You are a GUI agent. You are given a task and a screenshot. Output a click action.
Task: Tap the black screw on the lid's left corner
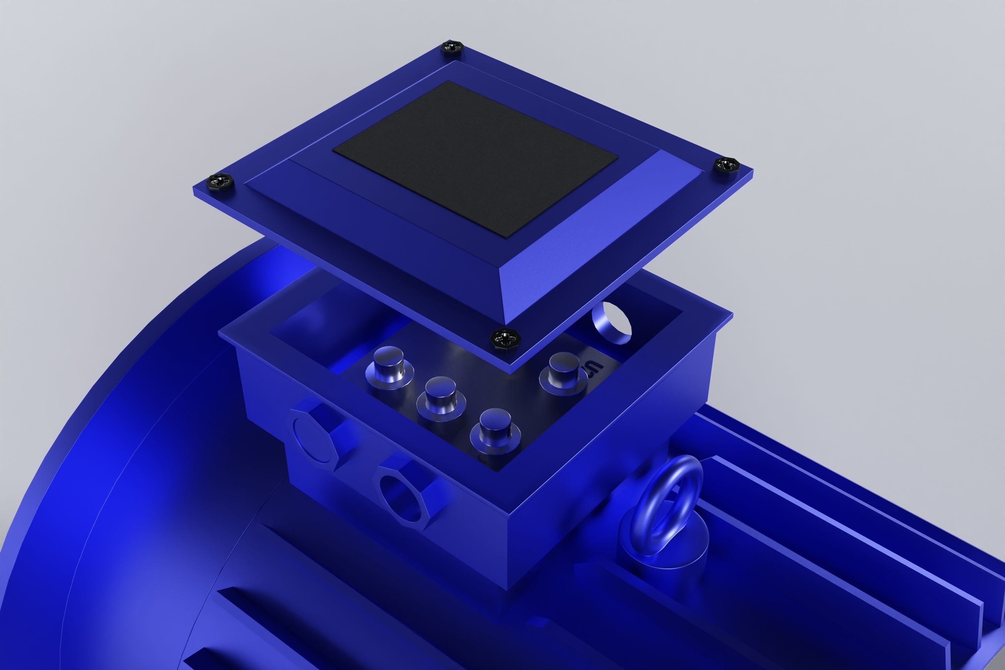[220, 181]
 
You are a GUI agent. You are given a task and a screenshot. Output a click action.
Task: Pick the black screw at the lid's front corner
[505, 338]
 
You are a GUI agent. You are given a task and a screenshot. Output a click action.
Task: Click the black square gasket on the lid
[475, 158]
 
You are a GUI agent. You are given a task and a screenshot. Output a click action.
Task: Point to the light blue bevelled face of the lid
[598, 239]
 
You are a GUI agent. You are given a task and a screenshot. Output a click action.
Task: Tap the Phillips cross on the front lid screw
[505, 338]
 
